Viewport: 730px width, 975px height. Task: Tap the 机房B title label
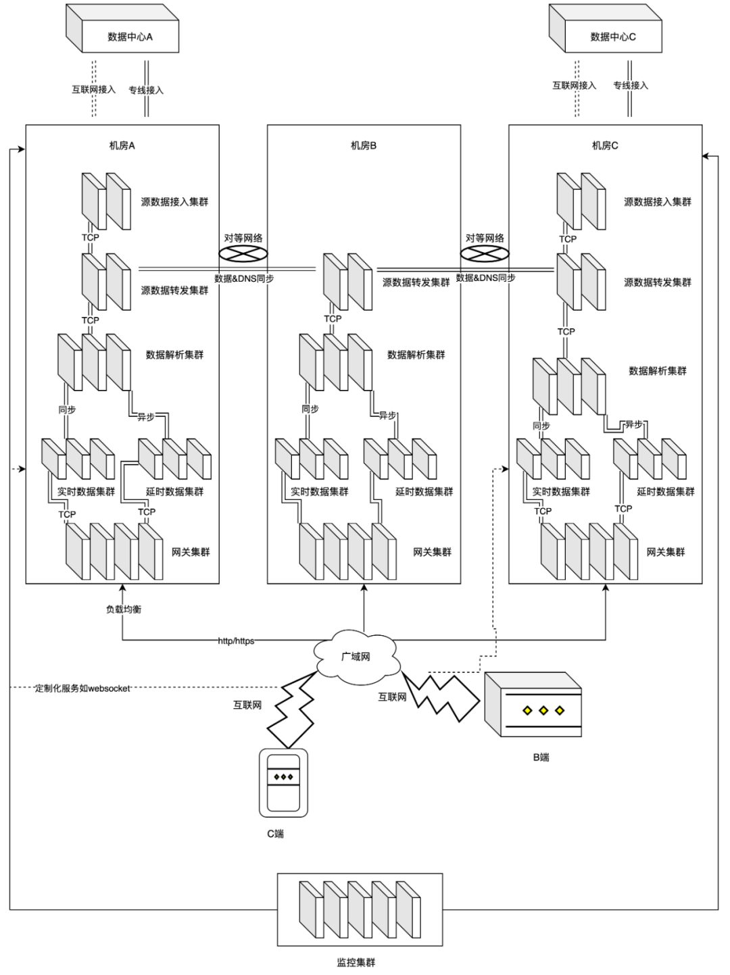coord(364,145)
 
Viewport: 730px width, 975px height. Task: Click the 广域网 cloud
coord(356,656)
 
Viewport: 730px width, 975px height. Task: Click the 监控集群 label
coord(356,962)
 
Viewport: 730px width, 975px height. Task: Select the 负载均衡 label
coord(124,609)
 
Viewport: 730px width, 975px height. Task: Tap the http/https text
coord(236,641)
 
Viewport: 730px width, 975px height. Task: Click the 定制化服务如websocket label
coord(82,688)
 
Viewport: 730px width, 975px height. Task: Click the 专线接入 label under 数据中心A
coord(147,90)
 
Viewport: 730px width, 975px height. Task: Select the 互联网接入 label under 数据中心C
coord(575,85)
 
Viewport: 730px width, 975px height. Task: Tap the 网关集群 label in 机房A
coord(191,552)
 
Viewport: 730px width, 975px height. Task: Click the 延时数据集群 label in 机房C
coord(666,492)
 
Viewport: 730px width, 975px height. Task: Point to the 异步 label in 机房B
coord(387,416)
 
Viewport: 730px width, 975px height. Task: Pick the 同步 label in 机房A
coord(67,409)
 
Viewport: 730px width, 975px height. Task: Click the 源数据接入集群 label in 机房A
coord(174,201)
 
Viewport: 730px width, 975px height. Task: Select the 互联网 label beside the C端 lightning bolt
coord(247,705)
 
